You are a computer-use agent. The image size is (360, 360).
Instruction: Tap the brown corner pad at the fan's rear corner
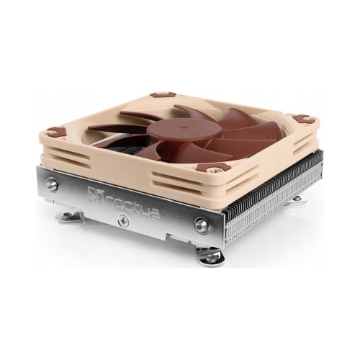coord(163,94)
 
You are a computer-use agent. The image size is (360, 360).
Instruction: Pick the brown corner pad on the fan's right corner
coord(303,119)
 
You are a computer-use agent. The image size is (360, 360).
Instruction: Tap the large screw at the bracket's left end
coord(52,184)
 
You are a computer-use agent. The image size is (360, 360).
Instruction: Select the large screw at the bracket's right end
coord(202,225)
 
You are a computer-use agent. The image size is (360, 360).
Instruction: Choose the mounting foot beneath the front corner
coord(211,257)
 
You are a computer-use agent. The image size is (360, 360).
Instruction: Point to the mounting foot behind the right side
coord(295,199)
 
